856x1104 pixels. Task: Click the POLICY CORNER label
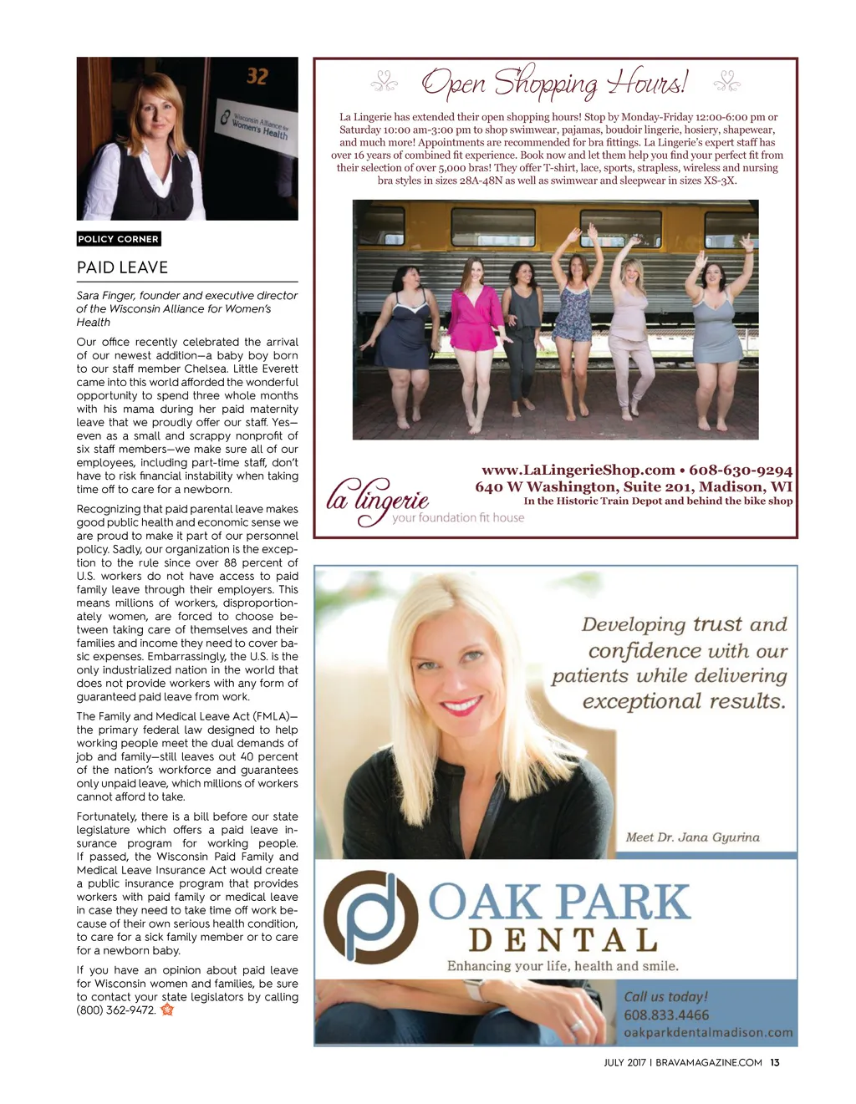pos(118,239)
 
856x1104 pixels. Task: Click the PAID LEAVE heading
pos(122,267)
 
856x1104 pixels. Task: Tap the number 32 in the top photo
pos(257,77)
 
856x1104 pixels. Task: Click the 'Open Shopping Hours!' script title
pos(554,83)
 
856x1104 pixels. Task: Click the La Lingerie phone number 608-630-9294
pos(741,470)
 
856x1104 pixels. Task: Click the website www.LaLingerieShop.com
pos(578,470)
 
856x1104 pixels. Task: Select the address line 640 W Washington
pos(633,486)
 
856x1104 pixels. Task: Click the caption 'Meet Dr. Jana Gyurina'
pos(692,837)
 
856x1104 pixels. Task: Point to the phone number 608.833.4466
pos(666,1015)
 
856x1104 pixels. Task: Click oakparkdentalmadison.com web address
pos(708,1032)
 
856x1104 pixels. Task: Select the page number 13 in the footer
pos(775,1062)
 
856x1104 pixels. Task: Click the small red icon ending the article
pos(167,1010)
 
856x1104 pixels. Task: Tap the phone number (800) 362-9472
pos(115,1010)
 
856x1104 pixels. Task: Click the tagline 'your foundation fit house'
pos(458,517)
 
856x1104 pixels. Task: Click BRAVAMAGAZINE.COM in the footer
pos(709,1062)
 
